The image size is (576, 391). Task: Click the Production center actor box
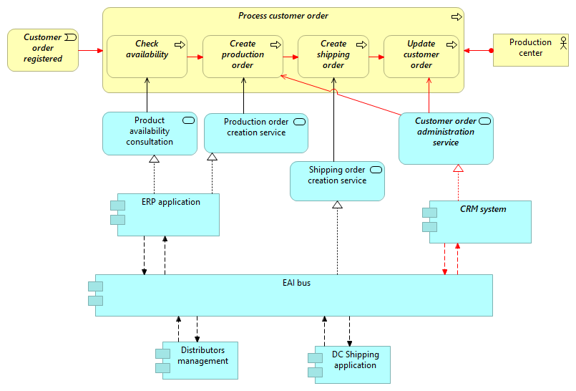point(530,49)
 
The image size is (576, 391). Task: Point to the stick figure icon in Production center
point(563,41)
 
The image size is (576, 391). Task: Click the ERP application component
point(168,214)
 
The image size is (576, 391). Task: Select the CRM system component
point(480,221)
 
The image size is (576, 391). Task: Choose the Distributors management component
point(200,360)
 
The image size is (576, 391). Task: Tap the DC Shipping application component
point(353,365)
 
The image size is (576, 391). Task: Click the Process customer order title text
point(283,16)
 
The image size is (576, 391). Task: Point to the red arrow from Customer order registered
point(91,50)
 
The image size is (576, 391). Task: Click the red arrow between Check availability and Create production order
point(195,55)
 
